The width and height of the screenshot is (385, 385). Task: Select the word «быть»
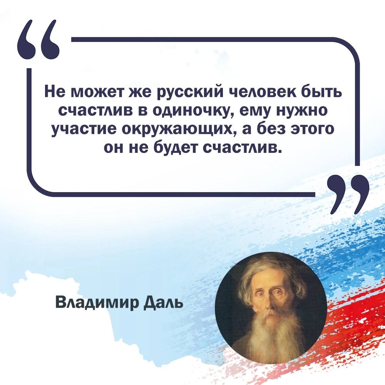tap(321, 92)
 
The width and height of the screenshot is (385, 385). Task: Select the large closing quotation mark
tap(349, 194)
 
